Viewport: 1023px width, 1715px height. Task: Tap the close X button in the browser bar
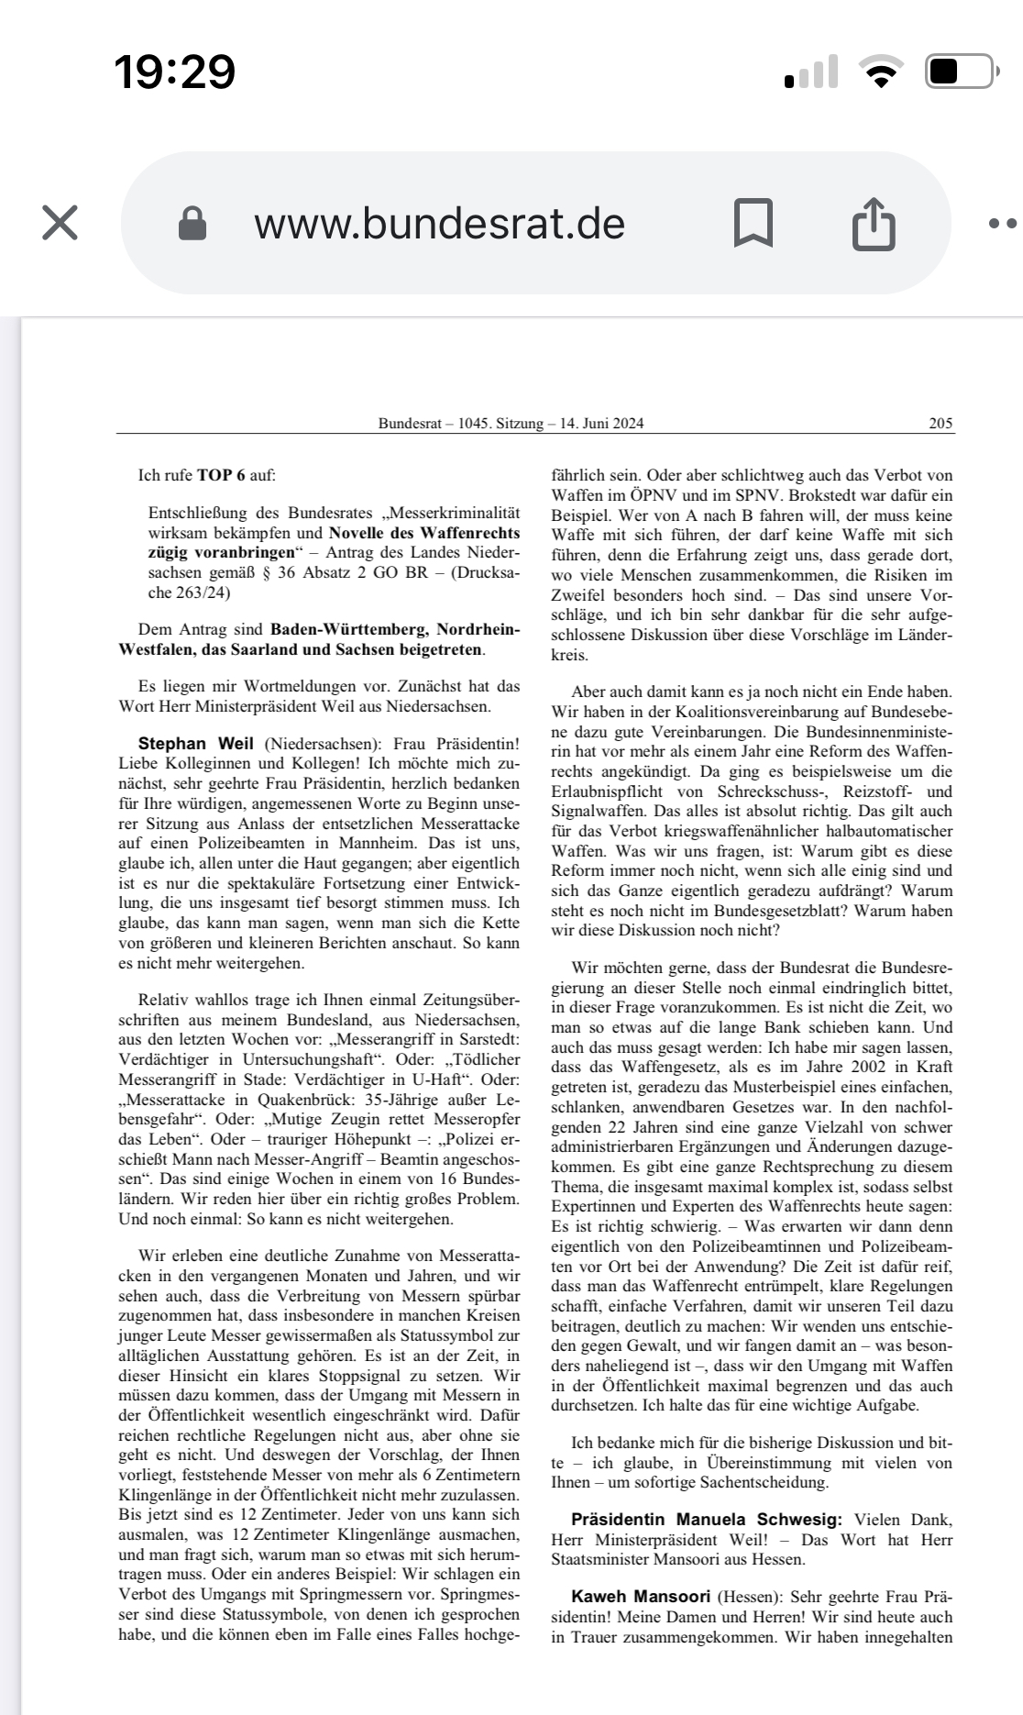coord(60,223)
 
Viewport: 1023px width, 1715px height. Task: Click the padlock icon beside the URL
coord(192,223)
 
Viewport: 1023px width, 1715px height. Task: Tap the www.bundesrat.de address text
coord(440,224)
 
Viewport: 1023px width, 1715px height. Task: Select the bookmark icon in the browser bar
coord(753,223)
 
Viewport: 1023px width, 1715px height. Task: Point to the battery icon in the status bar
coord(961,72)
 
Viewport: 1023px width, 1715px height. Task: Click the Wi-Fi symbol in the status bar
coord(881,72)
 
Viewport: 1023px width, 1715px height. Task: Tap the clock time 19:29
coord(174,72)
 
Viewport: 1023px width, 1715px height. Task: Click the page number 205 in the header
coord(940,424)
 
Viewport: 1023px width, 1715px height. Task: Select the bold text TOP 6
coord(221,475)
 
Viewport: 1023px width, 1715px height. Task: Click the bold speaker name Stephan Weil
coord(195,744)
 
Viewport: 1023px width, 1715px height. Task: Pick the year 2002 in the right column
coord(868,1068)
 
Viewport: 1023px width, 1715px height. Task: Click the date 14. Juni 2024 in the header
coord(602,424)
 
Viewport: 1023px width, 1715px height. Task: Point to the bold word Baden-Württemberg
coord(347,630)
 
